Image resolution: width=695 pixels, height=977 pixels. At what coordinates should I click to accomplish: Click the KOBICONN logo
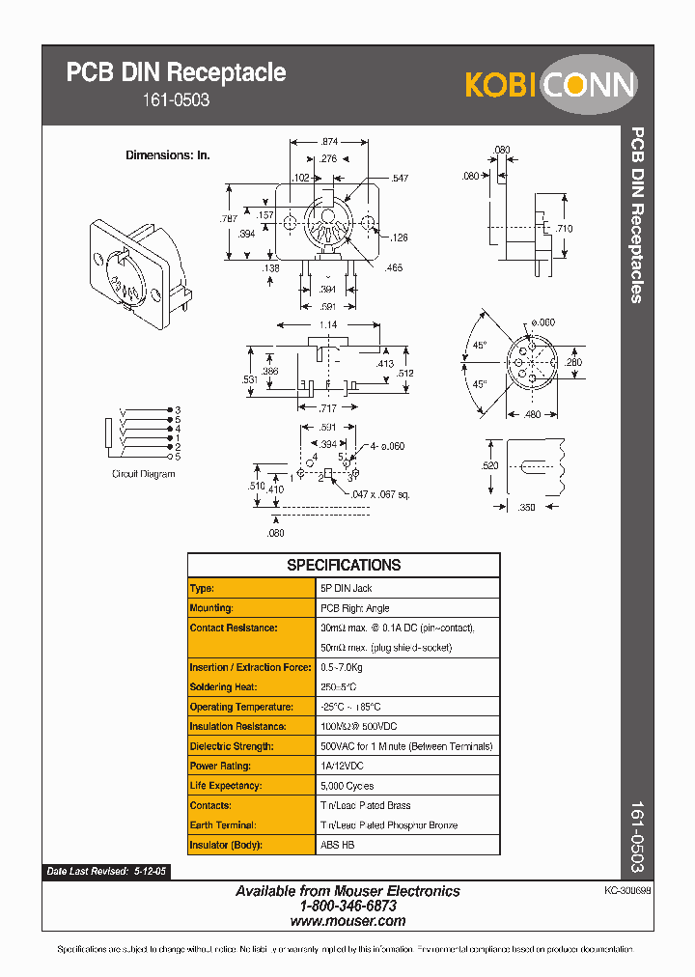click(551, 84)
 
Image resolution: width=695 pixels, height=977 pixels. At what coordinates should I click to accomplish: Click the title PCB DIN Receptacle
click(176, 72)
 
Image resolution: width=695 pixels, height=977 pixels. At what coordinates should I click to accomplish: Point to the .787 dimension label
click(228, 220)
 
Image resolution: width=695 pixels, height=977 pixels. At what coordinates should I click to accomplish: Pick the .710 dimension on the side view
click(565, 229)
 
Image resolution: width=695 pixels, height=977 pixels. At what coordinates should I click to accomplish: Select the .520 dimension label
click(491, 465)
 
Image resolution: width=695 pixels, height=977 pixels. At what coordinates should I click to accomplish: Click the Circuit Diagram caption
click(144, 474)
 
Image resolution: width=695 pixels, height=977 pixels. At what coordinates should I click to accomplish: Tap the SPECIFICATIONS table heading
click(344, 566)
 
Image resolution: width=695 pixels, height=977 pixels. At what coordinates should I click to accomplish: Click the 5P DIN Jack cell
click(347, 588)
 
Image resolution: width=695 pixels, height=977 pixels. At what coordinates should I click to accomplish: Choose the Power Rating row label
click(221, 767)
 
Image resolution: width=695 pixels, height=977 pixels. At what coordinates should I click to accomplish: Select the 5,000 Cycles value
click(347, 786)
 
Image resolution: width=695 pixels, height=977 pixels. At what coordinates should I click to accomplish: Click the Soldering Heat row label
click(224, 687)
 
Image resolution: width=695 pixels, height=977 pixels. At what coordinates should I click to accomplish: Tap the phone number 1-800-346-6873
click(347, 907)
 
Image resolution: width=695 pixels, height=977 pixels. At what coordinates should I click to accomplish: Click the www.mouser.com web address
click(347, 921)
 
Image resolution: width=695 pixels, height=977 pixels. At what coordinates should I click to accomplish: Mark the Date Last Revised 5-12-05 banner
click(107, 872)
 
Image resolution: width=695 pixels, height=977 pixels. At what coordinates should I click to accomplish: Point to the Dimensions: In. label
click(168, 154)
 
